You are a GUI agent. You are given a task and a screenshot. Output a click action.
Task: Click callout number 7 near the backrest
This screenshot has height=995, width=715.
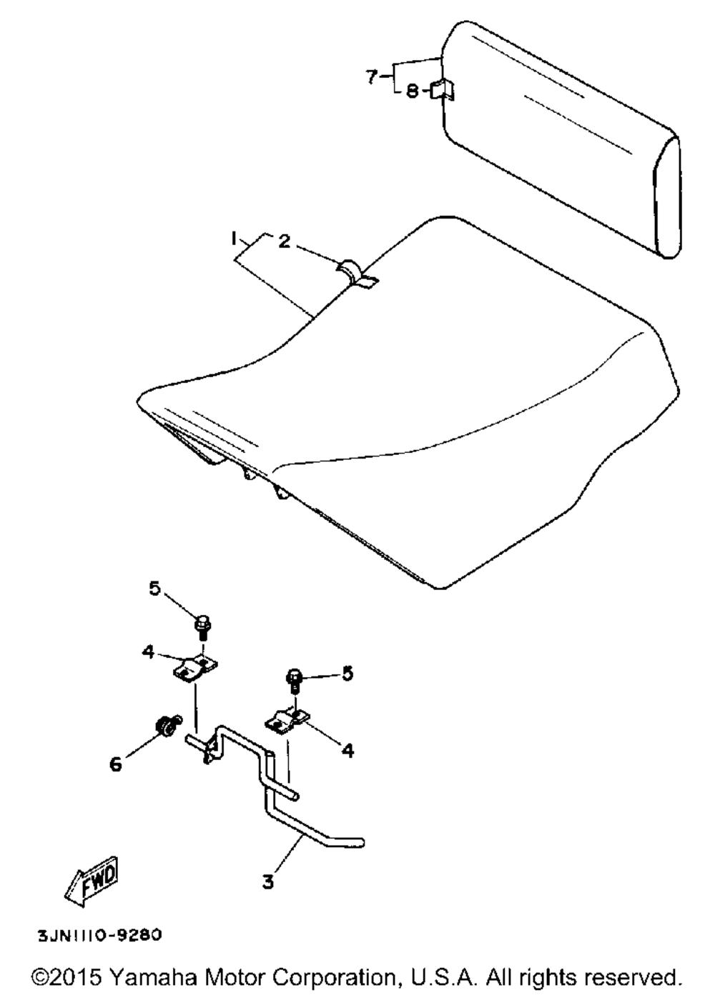[x=373, y=77]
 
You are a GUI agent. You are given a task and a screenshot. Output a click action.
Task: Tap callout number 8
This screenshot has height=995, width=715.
[x=412, y=91]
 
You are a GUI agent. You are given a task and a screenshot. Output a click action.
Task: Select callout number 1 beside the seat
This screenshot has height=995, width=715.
[x=233, y=239]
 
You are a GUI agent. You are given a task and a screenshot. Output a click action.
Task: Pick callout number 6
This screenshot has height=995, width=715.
[x=116, y=764]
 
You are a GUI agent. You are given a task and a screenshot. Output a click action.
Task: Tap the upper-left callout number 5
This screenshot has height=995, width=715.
[x=154, y=590]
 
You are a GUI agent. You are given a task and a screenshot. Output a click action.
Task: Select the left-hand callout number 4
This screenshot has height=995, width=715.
[x=148, y=652]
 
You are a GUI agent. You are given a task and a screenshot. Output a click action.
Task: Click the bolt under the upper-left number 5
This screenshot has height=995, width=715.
[x=203, y=627]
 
